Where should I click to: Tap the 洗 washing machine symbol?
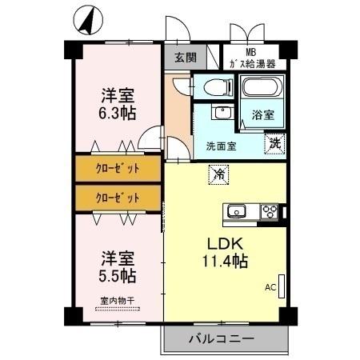275,144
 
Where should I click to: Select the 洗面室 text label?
221,146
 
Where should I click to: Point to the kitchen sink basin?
237,211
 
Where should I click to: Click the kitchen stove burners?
269,211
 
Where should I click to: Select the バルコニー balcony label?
222,338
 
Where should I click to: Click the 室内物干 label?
118,301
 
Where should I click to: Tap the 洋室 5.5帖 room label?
118,267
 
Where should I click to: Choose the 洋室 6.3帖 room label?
118,102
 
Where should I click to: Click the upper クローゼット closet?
118,168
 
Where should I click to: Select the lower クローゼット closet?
118,197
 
